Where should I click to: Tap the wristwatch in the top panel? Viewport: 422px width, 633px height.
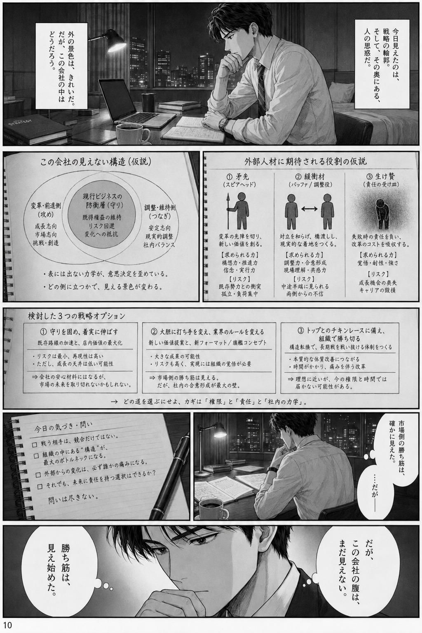(x=224, y=123)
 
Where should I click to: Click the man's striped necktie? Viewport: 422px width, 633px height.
(x=261, y=85)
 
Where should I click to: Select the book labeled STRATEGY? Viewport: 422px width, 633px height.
(x=34, y=129)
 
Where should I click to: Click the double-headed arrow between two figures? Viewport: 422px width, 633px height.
(x=309, y=209)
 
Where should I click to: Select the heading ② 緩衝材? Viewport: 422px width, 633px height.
(x=310, y=177)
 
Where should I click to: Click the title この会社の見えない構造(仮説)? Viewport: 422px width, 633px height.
(x=96, y=162)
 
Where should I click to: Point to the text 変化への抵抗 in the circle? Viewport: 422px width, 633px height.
(x=101, y=234)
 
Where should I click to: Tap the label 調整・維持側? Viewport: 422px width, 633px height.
(x=160, y=208)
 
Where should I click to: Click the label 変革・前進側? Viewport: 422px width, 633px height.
(x=45, y=206)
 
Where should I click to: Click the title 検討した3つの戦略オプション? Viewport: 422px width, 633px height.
(x=76, y=316)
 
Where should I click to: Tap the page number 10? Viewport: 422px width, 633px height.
(x=8, y=625)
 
